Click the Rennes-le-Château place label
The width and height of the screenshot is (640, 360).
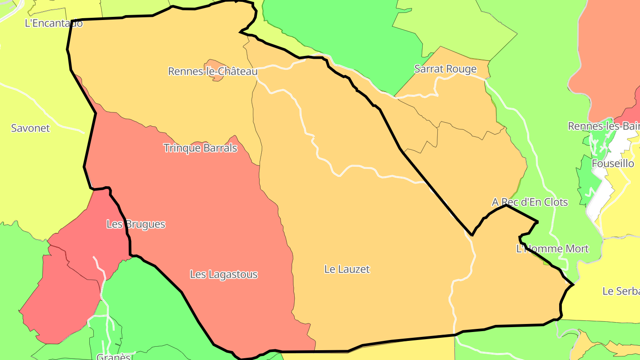pyautogui.click(x=212, y=71)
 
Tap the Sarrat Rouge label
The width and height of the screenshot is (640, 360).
pyautogui.click(x=445, y=69)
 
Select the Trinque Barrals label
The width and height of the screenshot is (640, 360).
pyautogui.click(x=200, y=148)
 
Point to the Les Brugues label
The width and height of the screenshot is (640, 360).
pyautogui.click(x=136, y=224)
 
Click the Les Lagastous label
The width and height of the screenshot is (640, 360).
pyautogui.click(x=224, y=275)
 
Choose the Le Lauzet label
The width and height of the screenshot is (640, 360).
pyautogui.click(x=347, y=269)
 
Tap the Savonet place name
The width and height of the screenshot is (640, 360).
pyautogui.click(x=30, y=128)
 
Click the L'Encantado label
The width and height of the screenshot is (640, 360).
pyautogui.click(x=53, y=23)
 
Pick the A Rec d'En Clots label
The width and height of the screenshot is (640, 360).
pyautogui.click(x=529, y=202)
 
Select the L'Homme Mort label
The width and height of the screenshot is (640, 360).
pyautogui.click(x=552, y=249)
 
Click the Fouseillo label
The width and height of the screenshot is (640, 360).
pyautogui.click(x=613, y=164)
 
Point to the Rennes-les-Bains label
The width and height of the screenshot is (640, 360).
pyautogui.click(x=604, y=126)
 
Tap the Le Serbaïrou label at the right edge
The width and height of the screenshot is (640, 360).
pyautogui.click(x=621, y=292)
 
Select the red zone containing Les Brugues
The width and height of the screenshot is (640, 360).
pyautogui.click(x=67, y=284)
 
